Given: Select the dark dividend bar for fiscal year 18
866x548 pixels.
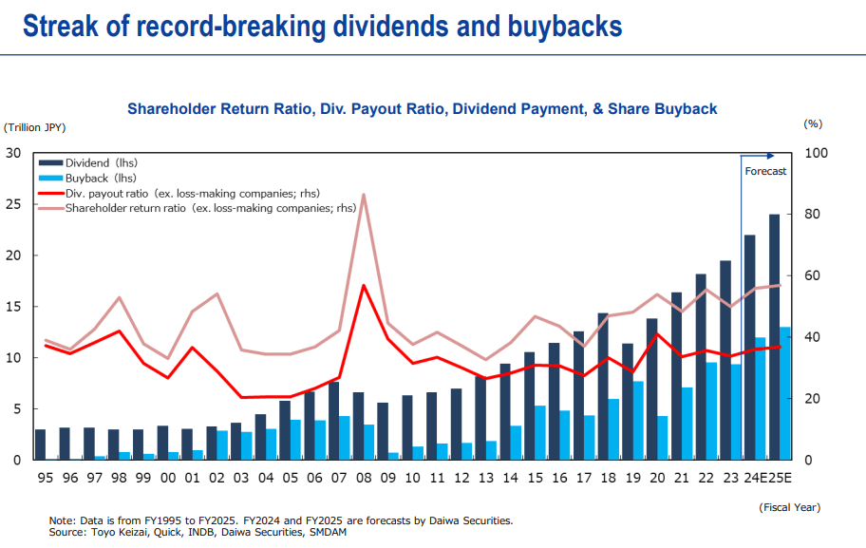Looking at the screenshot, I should coord(603,387).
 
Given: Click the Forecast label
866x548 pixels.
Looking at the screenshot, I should coord(765,171).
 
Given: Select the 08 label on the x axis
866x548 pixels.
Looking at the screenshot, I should coord(364,478).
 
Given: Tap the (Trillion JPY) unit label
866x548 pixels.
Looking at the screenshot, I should coord(35,126).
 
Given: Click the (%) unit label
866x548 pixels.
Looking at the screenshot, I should coord(812,123).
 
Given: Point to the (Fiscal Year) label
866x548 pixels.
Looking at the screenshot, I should coord(790,507).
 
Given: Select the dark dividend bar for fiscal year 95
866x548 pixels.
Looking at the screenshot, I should coord(40,444).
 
